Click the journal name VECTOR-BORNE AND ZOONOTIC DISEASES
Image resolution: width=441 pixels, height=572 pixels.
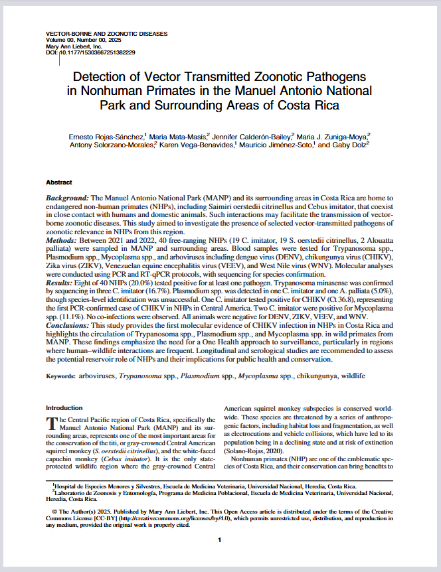[x=106, y=33]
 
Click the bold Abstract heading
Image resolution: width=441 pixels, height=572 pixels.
[x=59, y=182]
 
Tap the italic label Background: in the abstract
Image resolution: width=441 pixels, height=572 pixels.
[x=67, y=198]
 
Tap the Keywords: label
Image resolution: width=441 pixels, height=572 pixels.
[x=60, y=376]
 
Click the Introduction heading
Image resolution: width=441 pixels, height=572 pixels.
[x=64, y=407]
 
